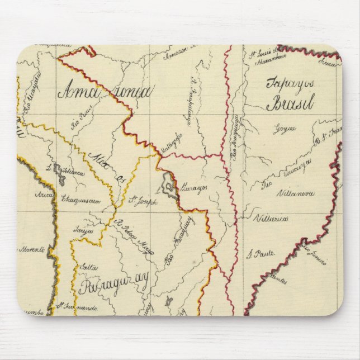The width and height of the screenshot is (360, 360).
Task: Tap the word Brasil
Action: [290, 103]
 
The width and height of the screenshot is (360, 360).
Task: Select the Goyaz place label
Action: [284, 130]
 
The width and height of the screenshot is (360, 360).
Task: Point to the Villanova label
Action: [295, 194]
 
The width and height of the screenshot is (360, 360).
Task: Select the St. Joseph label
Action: [143, 201]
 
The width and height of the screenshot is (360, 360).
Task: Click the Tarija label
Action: [83, 230]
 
